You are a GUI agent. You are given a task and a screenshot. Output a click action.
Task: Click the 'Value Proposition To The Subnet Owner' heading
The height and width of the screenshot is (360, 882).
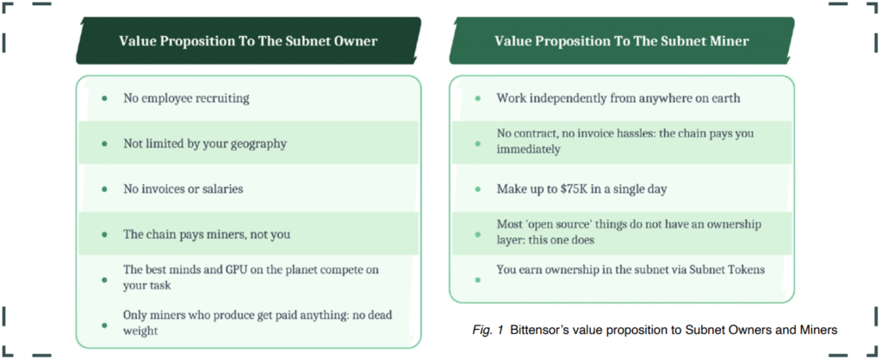(x=248, y=41)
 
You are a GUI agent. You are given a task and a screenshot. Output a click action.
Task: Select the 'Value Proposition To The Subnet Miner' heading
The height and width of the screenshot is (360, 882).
(x=622, y=41)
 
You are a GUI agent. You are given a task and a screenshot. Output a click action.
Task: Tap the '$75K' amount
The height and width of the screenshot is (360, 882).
(x=575, y=189)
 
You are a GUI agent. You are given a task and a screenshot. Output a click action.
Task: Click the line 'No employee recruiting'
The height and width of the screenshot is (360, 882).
(x=186, y=98)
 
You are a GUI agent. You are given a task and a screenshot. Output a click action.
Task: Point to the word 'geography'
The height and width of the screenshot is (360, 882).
(x=258, y=144)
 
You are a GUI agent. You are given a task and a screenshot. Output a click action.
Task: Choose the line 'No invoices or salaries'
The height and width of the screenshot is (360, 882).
(x=183, y=189)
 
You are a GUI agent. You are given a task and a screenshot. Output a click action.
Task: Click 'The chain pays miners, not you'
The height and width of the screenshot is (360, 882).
(x=207, y=234)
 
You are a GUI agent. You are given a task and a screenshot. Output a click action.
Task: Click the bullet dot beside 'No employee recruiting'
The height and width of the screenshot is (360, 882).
(x=104, y=98)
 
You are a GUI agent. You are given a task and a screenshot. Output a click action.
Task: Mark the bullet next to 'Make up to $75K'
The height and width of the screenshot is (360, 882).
(x=478, y=189)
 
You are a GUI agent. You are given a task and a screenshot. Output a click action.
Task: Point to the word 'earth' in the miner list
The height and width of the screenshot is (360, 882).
(x=725, y=98)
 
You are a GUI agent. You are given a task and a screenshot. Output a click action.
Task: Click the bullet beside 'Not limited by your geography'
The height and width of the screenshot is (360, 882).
(x=104, y=144)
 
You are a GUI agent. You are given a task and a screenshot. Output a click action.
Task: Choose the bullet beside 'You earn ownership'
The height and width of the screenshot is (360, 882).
(x=478, y=280)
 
